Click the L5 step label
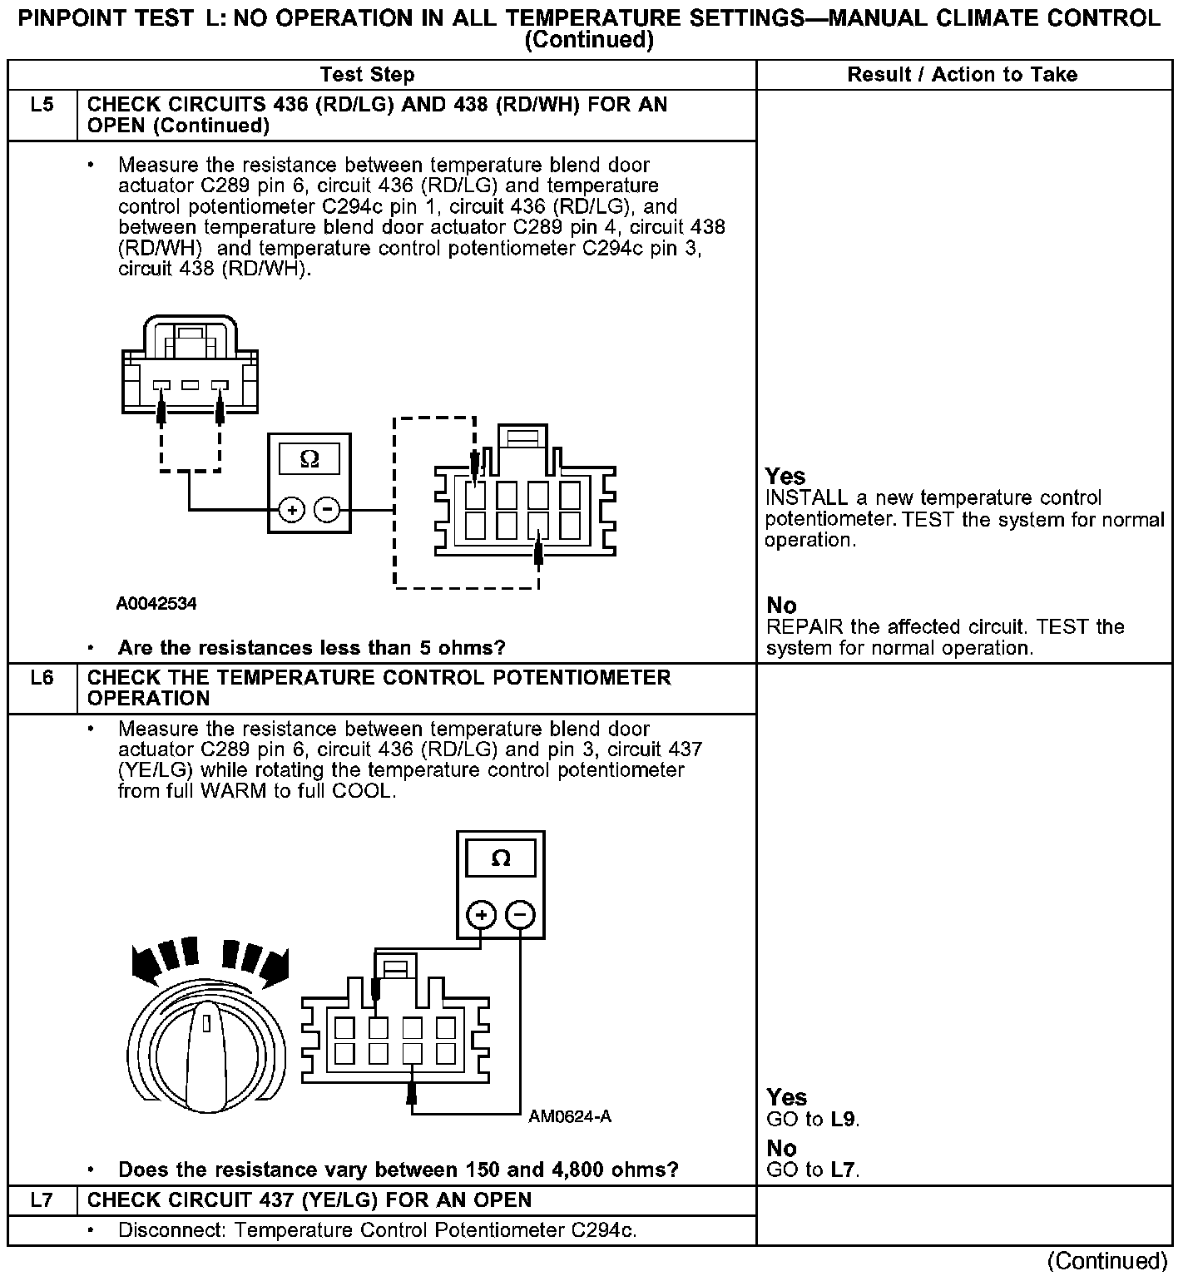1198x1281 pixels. click(42, 105)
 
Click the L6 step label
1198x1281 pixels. click(42, 678)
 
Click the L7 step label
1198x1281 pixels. click(42, 1199)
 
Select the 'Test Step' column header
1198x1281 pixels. click(367, 75)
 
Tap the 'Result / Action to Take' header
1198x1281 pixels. click(962, 75)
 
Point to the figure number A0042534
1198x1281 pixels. click(156, 603)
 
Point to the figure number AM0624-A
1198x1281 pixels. click(570, 1116)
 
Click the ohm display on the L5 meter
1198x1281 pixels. click(309, 459)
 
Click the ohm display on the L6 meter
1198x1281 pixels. click(500, 858)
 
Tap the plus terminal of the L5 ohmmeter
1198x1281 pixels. click(290, 509)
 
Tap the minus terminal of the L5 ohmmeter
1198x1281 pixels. click(328, 509)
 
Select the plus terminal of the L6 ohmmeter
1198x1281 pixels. click(481, 916)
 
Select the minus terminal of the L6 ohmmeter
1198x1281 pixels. click(520, 916)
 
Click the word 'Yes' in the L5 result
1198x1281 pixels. click(785, 477)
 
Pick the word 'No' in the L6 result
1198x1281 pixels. click(781, 1149)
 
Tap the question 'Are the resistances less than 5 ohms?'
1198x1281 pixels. click(311, 648)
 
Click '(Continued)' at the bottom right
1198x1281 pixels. click(1108, 1261)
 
